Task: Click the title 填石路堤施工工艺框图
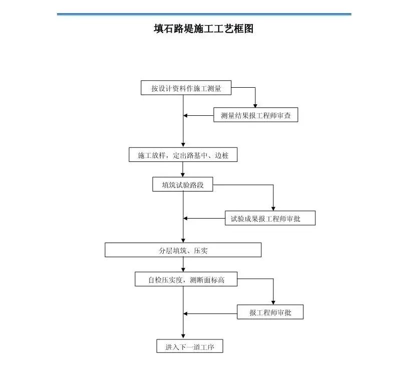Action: coord(203,29)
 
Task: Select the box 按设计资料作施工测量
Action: coord(186,88)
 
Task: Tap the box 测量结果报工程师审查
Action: coord(256,116)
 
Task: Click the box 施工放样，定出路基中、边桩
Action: coord(183,155)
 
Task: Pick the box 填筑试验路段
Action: coord(183,185)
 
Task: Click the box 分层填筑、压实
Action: coord(183,250)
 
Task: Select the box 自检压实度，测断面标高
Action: coord(186,280)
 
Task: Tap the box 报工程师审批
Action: coord(270,313)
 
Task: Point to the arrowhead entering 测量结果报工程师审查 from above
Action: coord(256,106)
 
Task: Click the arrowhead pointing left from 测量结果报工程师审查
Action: coord(186,116)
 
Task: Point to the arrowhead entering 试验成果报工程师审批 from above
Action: coord(273,208)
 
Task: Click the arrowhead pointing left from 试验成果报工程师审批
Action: coord(186,218)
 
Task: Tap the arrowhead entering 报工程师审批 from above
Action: coord(273,303)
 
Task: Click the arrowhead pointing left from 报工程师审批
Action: coord(186,313)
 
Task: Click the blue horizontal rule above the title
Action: coord(203,15)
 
